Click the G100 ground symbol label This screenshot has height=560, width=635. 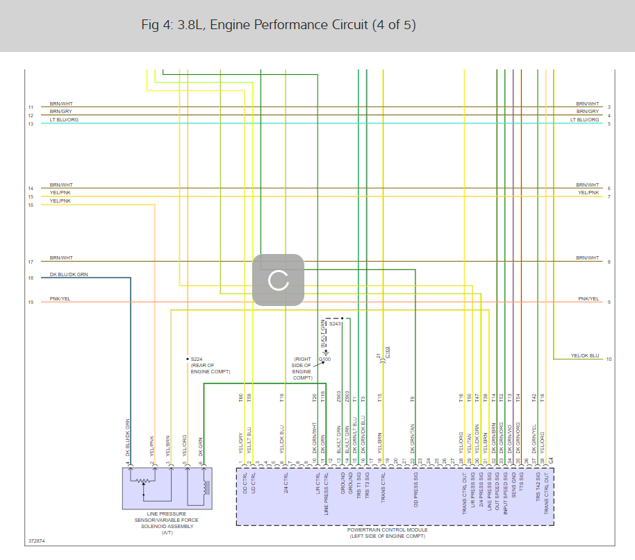(324, 359)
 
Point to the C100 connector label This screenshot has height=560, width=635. (387, 352)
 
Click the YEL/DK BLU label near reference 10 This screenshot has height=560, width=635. (584, 356)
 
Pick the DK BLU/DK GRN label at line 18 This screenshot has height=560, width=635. (69, 275)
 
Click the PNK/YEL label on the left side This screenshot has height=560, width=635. (60, 299)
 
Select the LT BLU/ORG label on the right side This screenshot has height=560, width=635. (584, 120)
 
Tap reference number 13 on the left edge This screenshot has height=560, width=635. (31, 124)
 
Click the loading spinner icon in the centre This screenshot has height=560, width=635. (278, 280)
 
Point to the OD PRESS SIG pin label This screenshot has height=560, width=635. (415, 494)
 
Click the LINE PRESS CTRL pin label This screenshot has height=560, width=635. (326, 494)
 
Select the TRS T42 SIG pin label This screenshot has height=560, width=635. (538, 494)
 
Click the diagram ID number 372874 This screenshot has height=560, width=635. (36, 540)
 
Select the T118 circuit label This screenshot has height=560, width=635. (323, 398)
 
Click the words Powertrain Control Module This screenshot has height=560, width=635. (387, 530)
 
